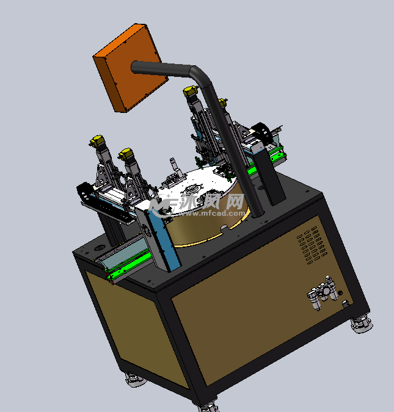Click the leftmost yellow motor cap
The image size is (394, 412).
click(97, 140)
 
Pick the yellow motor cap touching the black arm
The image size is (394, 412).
click(191, 91)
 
